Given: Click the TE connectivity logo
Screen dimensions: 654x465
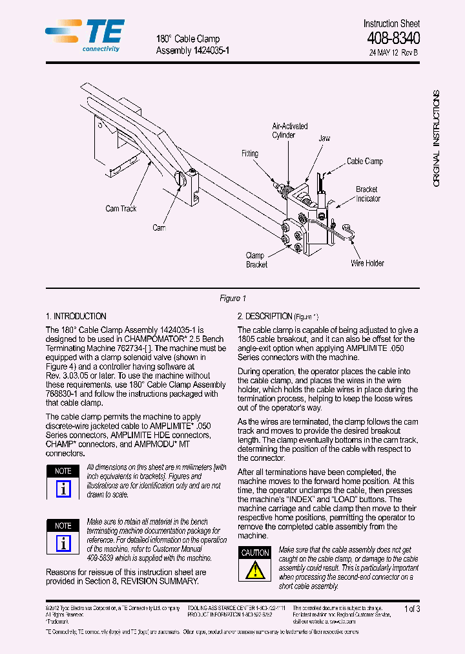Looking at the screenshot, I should click(x=85, y=36).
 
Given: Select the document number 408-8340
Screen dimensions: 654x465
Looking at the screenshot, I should click(x=393, y=39).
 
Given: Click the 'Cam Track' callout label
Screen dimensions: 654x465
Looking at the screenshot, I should click(x=121, y=209).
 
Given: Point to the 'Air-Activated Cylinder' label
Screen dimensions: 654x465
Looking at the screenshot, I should click(x=289, y=131).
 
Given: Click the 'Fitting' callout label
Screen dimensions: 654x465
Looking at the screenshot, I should click(x=250, y=154).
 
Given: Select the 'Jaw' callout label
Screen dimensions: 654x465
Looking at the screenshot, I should click(x=324, y=138).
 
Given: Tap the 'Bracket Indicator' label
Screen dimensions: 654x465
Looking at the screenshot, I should click(x=367, y=194).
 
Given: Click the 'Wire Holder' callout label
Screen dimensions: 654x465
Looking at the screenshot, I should click(x=367, y=263).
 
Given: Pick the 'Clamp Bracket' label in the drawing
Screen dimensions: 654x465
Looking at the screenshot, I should click(x=256, y=260).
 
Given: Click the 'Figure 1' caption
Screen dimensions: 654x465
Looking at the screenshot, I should click(x=232, y=299).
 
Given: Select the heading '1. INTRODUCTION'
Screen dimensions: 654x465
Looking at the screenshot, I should click(x=76, y=317).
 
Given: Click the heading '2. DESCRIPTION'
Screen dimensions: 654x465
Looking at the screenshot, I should click(x=265, y=317).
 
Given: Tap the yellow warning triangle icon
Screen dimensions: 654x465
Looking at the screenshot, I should click(x=255, y=570).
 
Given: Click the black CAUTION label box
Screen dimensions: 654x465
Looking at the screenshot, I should click(x=255, y=553).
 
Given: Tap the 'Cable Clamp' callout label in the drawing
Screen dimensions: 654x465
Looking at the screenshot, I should click(x=364, y=161).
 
